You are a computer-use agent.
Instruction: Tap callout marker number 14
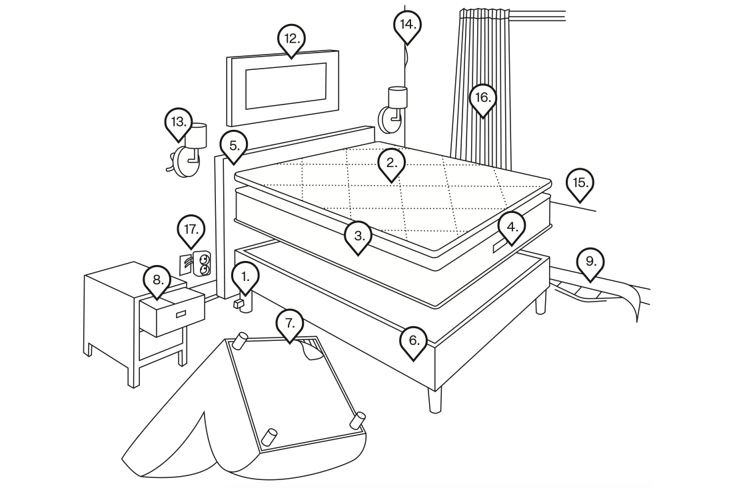coord(406,25)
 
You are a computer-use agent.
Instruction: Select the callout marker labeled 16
coord(482,99)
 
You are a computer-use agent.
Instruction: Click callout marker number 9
coord(590,262)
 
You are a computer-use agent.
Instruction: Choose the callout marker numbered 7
coord(289,322)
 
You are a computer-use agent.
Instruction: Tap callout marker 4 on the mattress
coord(511,227)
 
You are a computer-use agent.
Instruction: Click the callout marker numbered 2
coord(391,162)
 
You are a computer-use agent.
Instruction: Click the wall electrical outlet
coord(201,264)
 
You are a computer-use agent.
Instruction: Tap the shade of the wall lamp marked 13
coord(197,136)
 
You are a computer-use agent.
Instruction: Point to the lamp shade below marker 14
coord(397,97)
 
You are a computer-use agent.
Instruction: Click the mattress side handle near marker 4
coord(500,248)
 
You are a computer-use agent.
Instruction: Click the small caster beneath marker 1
coord(239,304)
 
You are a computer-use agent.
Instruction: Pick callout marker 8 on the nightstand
coord(157,280)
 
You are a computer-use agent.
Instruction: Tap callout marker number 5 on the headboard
coord(234,145)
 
